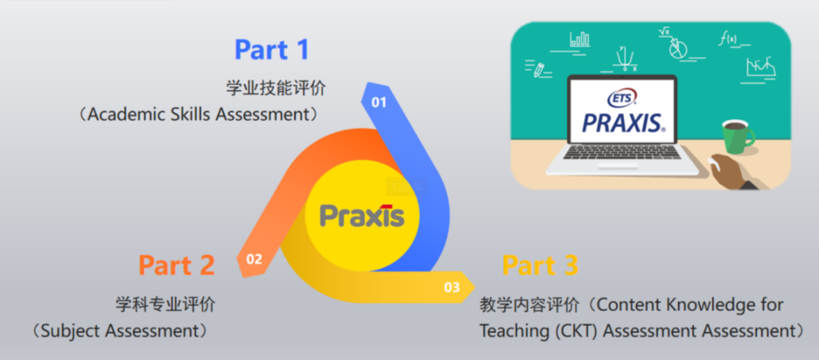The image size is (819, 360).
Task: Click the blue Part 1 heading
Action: (271, 49)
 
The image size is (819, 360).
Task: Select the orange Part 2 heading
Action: (177, 265)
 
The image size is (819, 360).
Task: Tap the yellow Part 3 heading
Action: (540, 265)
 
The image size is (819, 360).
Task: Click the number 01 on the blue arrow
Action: (378, 102)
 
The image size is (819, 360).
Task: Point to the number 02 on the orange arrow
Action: (254, 258)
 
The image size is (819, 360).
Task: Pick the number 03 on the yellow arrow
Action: (452, 287)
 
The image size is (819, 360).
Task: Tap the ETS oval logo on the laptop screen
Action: (622, 98)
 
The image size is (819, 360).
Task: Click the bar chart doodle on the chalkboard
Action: (580, 39)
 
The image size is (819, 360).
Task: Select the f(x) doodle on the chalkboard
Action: (728, 39)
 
